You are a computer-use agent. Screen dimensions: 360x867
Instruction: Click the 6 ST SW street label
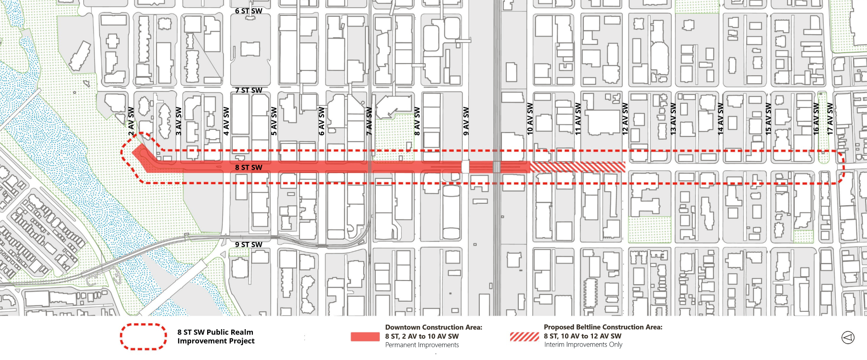(249, 11)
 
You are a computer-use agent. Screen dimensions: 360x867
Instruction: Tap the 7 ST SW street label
(249, 90)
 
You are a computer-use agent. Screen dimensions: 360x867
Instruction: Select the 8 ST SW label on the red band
(249, 167)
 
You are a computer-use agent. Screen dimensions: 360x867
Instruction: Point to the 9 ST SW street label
(249, 244)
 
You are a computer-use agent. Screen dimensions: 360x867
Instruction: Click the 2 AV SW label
(131, 121)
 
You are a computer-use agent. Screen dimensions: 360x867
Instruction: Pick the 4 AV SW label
(226, 121)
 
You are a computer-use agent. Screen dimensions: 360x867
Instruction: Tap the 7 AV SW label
(369, 121)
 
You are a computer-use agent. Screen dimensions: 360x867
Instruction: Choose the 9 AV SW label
(466, 121)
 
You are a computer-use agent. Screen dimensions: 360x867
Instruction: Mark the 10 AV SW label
(530, 119)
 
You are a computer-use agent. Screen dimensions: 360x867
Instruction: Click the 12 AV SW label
(625, 119)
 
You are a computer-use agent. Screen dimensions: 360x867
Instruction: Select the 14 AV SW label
(721, 119)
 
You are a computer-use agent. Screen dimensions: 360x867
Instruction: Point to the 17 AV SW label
(830, 119)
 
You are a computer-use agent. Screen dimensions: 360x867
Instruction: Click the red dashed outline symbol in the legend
(144, 336)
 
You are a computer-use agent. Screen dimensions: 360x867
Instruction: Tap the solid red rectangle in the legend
(365, 336)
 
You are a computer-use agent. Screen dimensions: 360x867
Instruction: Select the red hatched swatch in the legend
(525, 336)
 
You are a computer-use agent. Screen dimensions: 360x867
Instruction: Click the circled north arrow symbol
(848, 338)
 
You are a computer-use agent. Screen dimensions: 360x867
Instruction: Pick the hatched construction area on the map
(578, 167)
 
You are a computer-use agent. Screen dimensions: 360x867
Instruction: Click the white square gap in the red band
(465, 167)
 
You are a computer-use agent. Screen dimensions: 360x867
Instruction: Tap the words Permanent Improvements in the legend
(422, 345)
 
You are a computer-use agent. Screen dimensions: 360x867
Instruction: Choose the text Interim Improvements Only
(583, 345)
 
